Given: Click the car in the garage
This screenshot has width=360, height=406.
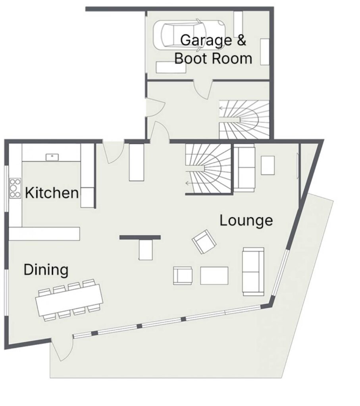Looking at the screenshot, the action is pyautogui.click(x=189, y=34).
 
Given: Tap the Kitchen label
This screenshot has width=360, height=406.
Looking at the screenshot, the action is pyautogui.click(x=52, y=193).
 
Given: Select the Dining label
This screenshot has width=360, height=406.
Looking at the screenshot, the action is pyautogui.click(x=46, y=270).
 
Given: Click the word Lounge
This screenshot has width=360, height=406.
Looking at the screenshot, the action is pyautogui.click(x=246, y=220).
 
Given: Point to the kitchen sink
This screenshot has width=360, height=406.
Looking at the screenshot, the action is pyautogui.click(x=52, y=157).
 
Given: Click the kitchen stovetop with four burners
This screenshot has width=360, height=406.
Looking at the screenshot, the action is pyautogui.click(x=15, y=188).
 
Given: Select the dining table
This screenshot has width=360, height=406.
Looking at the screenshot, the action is pyautogui.click(x=69, y=300).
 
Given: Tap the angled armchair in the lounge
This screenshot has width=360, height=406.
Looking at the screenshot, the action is pyautogui.click(x=204, y=241).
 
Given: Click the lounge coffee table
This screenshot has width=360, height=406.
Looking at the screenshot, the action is pyautogui.click(x=214, y=276).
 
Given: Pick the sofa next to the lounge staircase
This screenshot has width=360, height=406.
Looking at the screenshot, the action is pyautogui.click(x=244, y=168).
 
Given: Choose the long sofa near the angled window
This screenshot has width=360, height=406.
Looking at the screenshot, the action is pyautogui.click(x=253, y=272).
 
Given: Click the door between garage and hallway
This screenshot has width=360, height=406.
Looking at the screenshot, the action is pyautogui.click(x=203, y=89).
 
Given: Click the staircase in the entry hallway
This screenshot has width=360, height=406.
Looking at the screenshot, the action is pyautogui.click(x=244, y=120).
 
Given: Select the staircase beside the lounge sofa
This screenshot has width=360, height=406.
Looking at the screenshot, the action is pyautogui.click(x=208, y=169).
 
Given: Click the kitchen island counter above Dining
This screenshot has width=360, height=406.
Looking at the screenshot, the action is pyautogui.click(x=44, y=234).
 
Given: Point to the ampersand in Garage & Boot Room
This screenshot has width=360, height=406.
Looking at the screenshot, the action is pyautogui.click(x=241, y=40).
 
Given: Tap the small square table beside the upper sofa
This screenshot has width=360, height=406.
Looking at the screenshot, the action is pyautogui.click(x=268, y=165).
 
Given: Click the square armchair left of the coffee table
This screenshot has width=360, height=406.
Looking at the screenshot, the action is pyautogui.click(x=183, y=276).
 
